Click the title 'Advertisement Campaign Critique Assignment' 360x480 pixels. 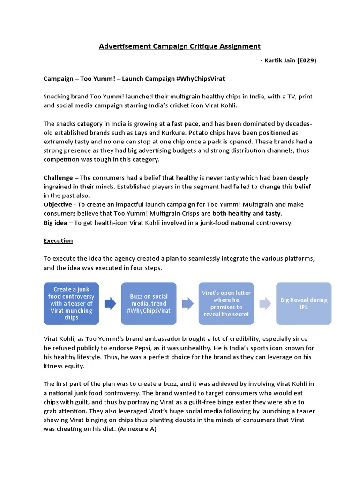(180, 46)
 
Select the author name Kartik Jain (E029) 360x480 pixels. (291, 60)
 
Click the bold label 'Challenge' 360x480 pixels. (58, 178)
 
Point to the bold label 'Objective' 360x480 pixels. (58, 204)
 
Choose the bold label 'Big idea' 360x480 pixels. (55, 222)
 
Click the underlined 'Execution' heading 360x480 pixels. (58, 240)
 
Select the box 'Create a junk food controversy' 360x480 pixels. (71, 303)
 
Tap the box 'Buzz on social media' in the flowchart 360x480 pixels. (149, 303)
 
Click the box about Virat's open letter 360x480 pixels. (226, 303)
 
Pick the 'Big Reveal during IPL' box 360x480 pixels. (304, 303)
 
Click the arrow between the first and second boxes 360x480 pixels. (110, 304)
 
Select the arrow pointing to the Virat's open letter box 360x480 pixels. (187, 304)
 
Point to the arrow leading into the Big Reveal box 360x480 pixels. (265, 304)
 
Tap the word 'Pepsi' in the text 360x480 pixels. (152, 348)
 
